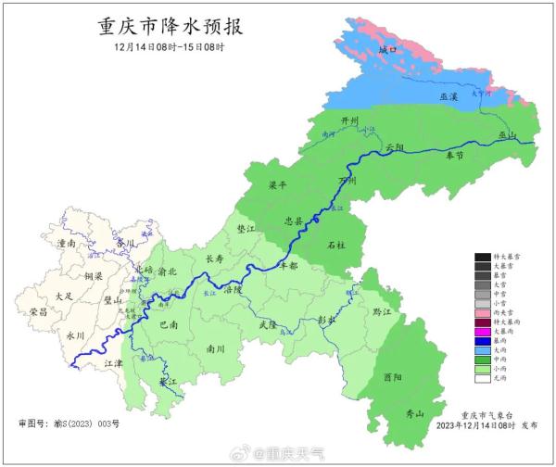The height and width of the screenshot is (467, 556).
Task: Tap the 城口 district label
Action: [x=388, y=48]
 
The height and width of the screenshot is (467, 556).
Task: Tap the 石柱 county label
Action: [x=337, y=245]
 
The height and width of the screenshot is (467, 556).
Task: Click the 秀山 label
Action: [x=414, y=413]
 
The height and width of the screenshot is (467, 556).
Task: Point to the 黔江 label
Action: [x=381, y=312]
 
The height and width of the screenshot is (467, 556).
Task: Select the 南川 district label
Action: [x=216, y=349]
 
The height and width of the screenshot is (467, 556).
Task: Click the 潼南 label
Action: [x=66, y=243]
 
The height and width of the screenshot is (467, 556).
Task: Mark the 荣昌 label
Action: [x=38, y=312]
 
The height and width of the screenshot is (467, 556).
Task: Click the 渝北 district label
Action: [x=168, y=271]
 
